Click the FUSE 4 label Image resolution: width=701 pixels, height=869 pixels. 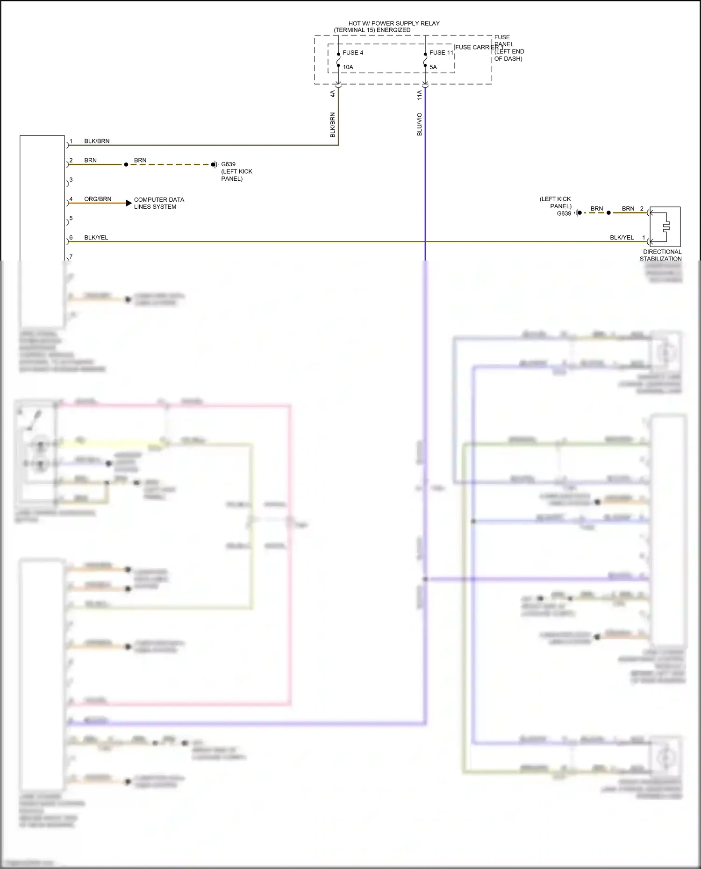point(353,53)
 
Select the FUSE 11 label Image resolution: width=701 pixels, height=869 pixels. point(441,53)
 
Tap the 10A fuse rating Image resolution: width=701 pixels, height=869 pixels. point(348,67)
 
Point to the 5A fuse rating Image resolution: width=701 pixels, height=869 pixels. point(433,67)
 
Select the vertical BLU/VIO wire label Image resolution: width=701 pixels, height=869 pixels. point(419,124)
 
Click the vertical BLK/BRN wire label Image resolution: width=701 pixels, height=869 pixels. point(333,125)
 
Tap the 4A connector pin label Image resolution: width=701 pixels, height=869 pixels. point(333,93)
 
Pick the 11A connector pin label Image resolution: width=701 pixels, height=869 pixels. point(419,95)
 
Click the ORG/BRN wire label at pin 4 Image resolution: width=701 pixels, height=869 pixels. point(98,199)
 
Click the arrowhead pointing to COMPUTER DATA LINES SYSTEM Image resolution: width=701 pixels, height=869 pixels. point(129,203)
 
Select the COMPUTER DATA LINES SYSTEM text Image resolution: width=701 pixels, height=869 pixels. point(158,203)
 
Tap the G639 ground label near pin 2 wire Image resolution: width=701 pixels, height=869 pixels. point(228,164)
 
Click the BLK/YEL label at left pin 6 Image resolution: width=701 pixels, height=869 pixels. point(96,238)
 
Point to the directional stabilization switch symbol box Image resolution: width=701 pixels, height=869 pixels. point(665,226)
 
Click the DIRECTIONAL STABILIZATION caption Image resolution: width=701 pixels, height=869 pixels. point(661,255)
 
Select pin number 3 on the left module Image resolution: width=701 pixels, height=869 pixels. point(71,180)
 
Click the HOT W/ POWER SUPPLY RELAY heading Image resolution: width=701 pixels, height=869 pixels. point(393,23)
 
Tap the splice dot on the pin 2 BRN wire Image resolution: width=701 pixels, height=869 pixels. point(126,164)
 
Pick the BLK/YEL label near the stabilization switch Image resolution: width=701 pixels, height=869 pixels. point(622,238)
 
